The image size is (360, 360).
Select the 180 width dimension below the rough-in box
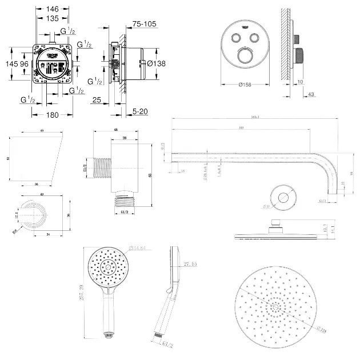click(53, 115)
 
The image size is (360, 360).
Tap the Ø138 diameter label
click(156, 64)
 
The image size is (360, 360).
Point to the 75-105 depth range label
click(145, 24)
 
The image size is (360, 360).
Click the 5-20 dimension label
click(139, 111)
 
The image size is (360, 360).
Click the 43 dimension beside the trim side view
click(311, 94)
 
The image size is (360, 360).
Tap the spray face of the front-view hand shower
click(106, 267)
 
